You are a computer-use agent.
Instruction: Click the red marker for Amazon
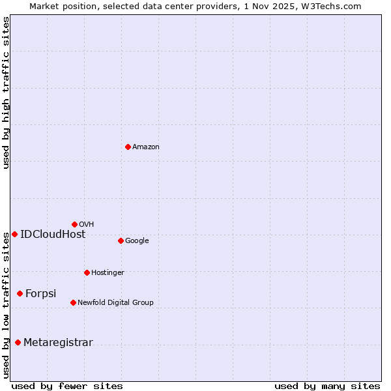coord(128,147)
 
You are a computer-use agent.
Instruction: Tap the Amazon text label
coord(146,147)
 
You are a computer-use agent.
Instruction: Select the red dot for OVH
coord(74,224)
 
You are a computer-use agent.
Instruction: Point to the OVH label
coord(87,225)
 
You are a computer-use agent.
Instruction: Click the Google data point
coord(121,240)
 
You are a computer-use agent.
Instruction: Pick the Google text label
coord(137,241)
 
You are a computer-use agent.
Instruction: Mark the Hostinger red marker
coord(87,272)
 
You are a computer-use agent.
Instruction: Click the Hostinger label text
coord(108,273)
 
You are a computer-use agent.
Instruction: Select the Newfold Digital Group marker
coord(73,302)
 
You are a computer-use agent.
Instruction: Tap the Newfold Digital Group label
coord(115,303)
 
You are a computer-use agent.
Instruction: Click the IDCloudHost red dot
coord(14,234)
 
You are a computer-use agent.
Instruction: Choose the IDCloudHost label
coord(53,235)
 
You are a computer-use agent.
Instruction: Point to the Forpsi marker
coord(20,293)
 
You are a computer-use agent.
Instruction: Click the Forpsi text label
coord(41,294)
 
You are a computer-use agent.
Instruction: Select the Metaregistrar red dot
coord(18,342)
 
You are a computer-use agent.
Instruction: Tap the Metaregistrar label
coord(59,343)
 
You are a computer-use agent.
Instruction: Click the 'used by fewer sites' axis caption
coord(67,386)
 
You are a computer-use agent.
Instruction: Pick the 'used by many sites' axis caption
coord(327,386)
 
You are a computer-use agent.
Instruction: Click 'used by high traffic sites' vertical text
coord(6,93)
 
